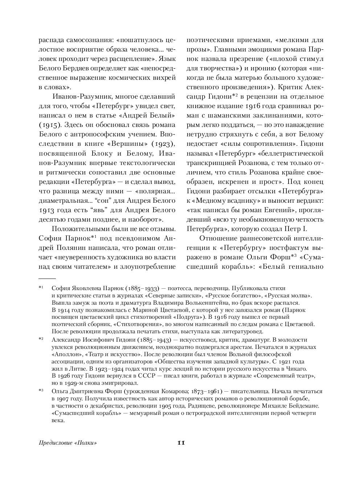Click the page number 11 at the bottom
click(181, 442)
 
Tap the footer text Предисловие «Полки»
click(69, 443)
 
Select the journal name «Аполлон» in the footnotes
click(66, 354)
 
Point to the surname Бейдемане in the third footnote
click(302, 405)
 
